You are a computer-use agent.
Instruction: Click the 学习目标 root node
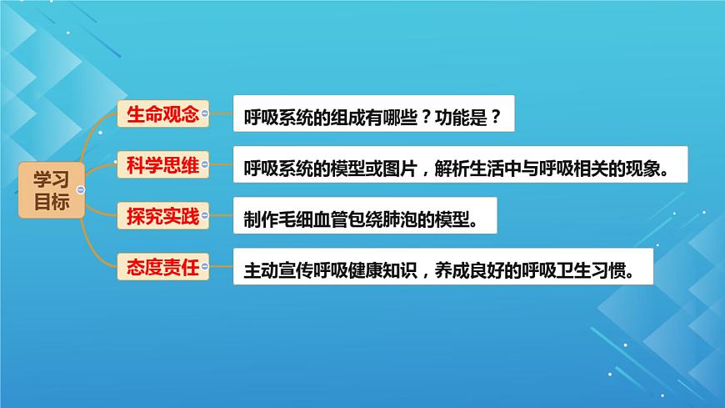click(x=52, y=189)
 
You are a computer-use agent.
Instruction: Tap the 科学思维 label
click(x=162, y=164)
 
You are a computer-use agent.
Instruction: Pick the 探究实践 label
click(x=162, y=217)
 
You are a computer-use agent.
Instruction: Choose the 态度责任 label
click(x=162, y=269)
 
